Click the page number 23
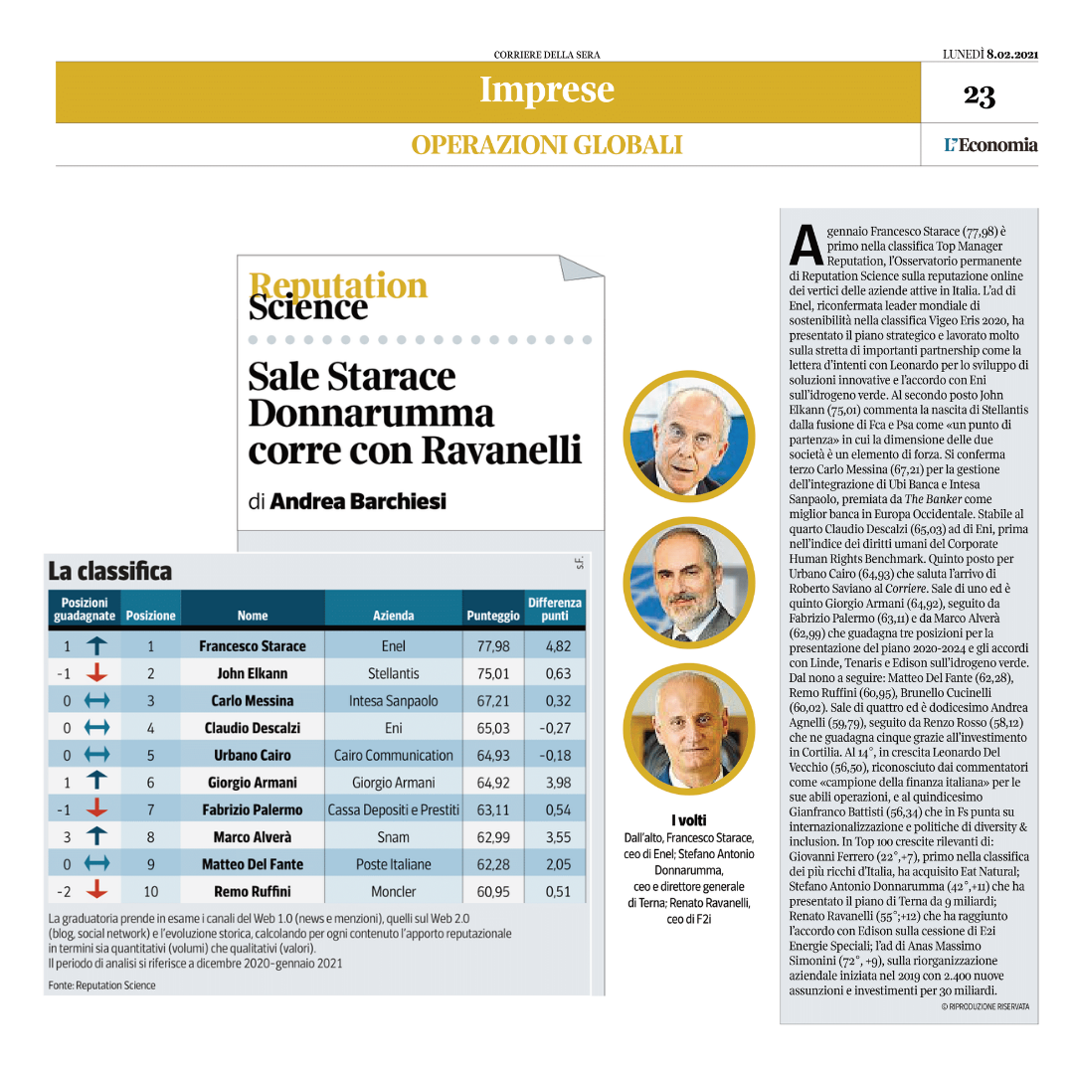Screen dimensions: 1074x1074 point(980,95)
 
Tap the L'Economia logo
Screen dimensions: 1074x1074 point(990,145)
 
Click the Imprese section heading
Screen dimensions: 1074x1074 point(547,89)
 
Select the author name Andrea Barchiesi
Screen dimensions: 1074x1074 point(358,501)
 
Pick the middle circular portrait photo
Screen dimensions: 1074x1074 point(688,582)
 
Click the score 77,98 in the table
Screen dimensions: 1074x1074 point(493,646)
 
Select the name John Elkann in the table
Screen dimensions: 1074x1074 point(252,673)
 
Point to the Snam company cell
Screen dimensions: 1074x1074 point(393,837)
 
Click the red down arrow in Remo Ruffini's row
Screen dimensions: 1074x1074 point(96,891)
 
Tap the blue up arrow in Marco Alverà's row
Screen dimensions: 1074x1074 point(96,837)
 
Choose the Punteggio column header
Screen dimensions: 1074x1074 point(492,616)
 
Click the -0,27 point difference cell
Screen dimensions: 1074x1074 point(555,728)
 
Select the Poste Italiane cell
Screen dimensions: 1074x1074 point(393,864)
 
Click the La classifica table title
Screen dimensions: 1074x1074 point(109,572)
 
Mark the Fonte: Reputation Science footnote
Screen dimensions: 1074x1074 point(101,985)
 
